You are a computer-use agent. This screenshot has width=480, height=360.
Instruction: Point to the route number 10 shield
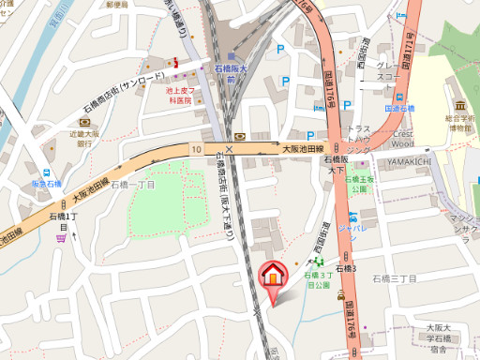pos(197,149)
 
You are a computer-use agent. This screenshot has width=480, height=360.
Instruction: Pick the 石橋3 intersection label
pos(349,269)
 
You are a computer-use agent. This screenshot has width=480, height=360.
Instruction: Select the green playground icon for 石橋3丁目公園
pos(320,261)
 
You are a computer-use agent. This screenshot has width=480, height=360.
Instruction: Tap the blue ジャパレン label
pos(352,226)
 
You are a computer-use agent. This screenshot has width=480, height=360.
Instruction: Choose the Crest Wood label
pos(401,139)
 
